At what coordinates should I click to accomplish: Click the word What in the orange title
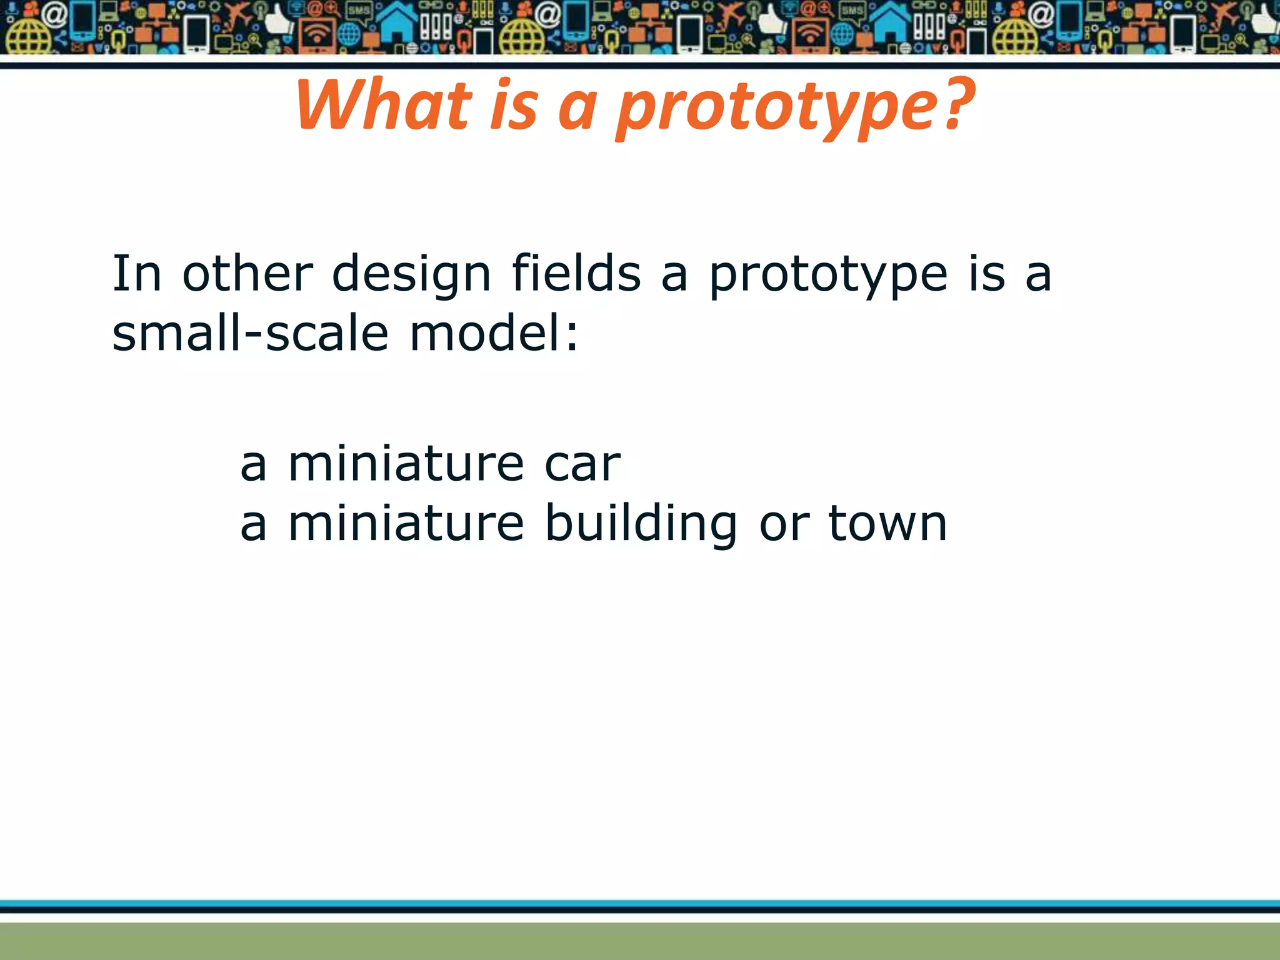382,106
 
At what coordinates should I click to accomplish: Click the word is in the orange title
514,106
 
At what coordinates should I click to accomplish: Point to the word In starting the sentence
136,274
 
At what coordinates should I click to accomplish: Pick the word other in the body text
247,274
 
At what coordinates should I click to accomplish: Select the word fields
576,274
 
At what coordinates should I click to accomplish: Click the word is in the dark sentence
987,274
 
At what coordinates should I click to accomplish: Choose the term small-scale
250,332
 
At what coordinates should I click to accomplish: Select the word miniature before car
406,464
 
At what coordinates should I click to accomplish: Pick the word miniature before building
406,524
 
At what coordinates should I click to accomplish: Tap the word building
641,524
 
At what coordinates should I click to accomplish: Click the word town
887,524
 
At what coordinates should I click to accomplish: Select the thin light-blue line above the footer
640,903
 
